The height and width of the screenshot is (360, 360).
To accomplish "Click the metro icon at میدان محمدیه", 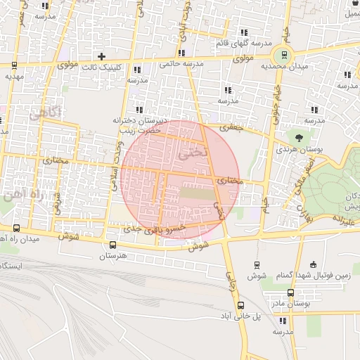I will tap(284, 54).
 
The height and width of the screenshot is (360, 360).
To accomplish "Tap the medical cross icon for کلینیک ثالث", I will tap(102, 56).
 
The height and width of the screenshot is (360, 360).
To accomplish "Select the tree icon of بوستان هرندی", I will tap(300, 137).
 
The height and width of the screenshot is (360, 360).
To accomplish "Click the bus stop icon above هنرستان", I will tap(112, 245).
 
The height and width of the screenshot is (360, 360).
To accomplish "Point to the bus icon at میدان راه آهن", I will tap(17, 229).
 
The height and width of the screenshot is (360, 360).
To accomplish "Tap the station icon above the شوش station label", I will tap(257, 264).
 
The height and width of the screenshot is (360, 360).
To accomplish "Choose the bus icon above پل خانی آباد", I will tap(241, 305).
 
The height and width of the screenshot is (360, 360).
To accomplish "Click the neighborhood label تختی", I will tap(194, 150).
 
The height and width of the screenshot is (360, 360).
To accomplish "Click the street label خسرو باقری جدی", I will tap(155, 229).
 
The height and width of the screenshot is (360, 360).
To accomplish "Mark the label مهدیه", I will tap(14, 76).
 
